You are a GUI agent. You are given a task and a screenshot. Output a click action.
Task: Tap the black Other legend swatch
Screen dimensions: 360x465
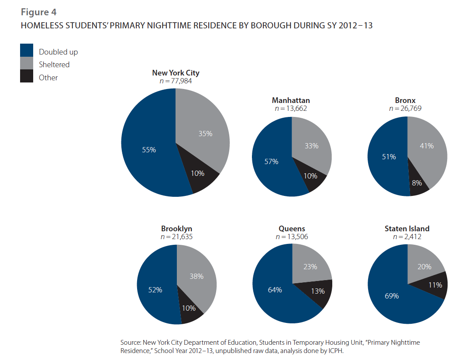click(27, 76)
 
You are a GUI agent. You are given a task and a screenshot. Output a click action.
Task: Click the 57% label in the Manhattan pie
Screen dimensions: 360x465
click(271, 161)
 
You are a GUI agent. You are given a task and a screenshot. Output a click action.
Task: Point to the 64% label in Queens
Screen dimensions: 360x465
click(275, 290)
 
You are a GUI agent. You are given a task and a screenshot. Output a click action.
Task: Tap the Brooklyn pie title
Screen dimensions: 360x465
click(176, 229)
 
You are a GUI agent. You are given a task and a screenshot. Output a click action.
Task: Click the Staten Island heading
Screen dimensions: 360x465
click(407, 229)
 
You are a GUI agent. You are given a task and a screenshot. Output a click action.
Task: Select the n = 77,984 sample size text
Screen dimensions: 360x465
click(175, 81)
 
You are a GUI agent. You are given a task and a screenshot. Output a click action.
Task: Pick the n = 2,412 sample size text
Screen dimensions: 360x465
click(407, 237)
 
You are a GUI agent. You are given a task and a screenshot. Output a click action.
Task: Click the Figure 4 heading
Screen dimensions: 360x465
click(38, 12)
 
